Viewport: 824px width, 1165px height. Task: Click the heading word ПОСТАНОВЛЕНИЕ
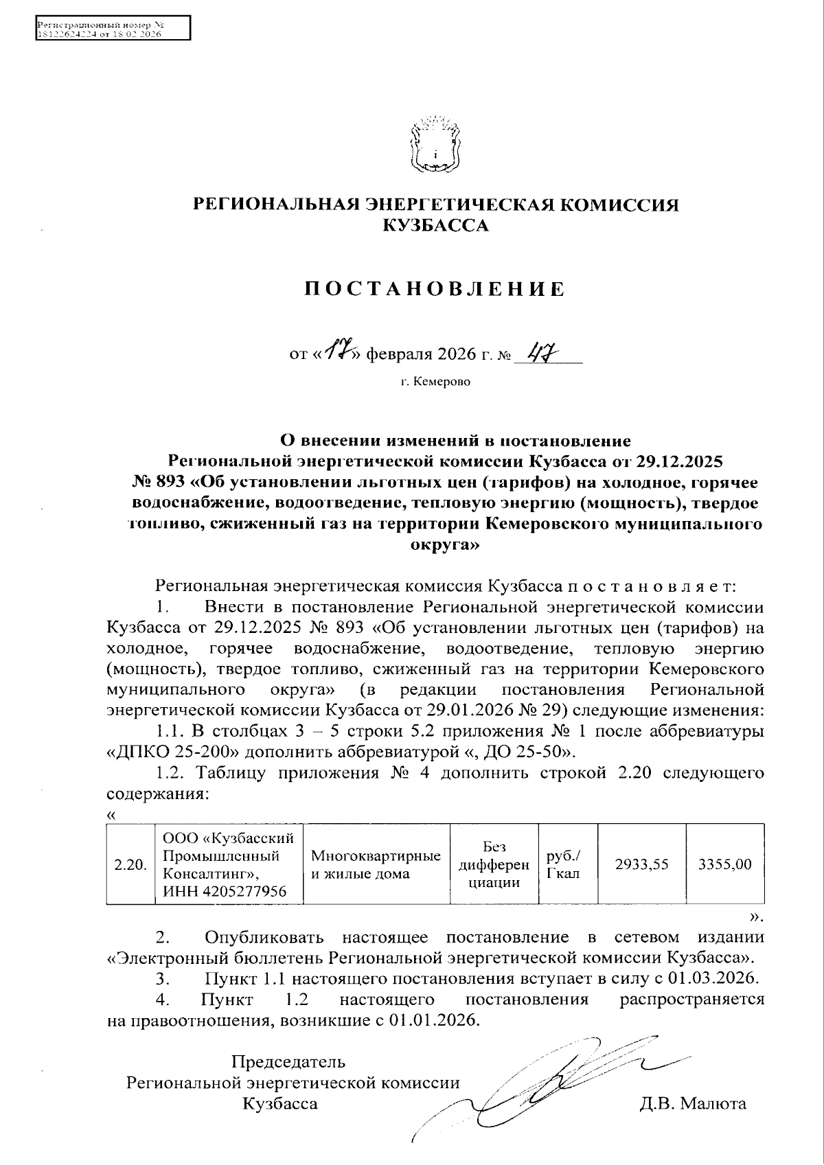[435, 289]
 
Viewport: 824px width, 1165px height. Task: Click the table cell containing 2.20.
[131, 864]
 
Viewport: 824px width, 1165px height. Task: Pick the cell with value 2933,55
[641, 864]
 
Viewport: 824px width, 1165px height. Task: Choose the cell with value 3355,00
[724, 864]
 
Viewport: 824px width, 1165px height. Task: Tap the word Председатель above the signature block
[288, 1062]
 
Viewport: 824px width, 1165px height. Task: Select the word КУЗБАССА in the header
[435, 225]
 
